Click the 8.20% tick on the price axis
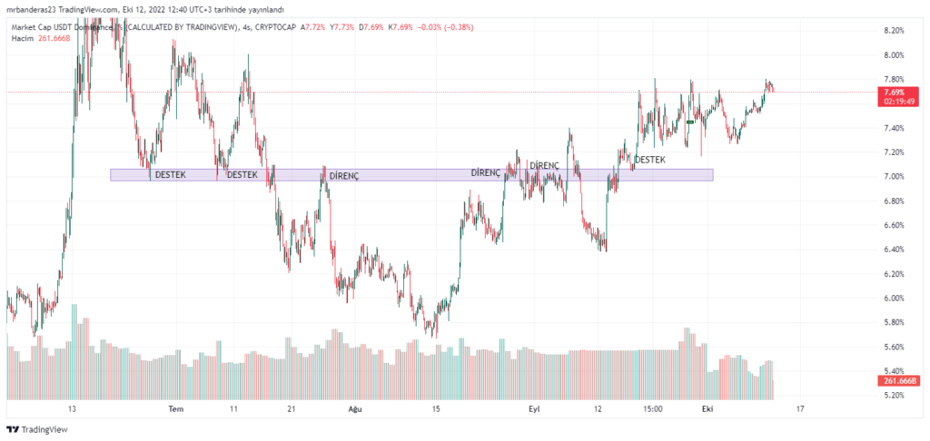click(894, 30)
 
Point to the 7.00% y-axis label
click(894, 176)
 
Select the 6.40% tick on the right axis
click(894, 250)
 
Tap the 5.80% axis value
click(894, 322)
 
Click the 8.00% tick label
click(894, 54)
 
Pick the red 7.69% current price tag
click(893, 93)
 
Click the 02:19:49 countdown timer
click(894, 102)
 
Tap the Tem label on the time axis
click(176, 409)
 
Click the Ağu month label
click(355, 409)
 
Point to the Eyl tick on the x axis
click(535, 409)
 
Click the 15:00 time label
click(650, 409)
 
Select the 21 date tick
click(291, 409)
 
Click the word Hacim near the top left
click(24, 39)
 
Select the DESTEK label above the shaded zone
click(649, 160)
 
